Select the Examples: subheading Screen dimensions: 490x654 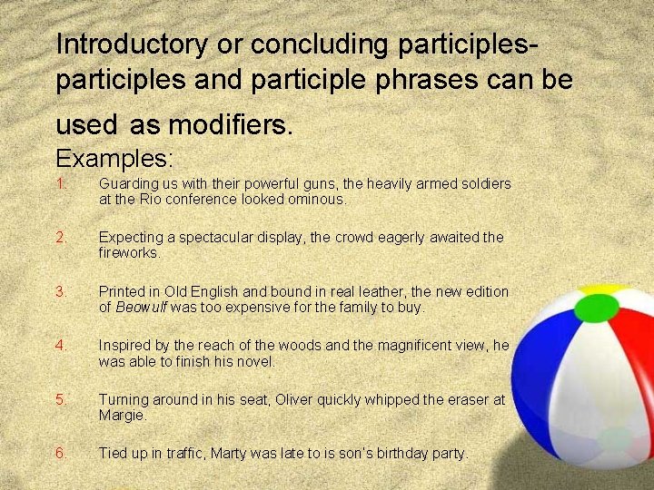click(x=114, y=158)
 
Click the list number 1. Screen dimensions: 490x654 click(x=60, y=183)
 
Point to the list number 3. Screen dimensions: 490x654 click(x=61, y=291)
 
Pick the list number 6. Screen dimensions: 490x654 click(x=61, y=453)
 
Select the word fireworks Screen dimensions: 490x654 click(x=129, y=253)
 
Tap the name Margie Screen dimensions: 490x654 click(x=121, y=415)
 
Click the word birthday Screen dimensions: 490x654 click(x=397, y=453)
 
